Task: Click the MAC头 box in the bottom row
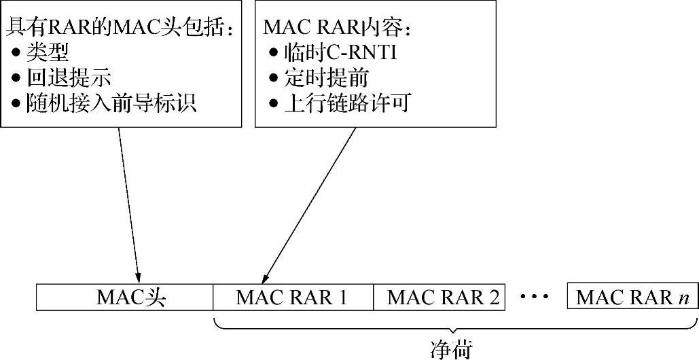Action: (124, 298)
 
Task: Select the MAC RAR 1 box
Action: (293, 298)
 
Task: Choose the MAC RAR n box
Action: (632, 298)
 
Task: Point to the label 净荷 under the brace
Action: (451, 348)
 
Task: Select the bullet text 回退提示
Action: (69, 77)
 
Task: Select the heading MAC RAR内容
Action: (337, 27)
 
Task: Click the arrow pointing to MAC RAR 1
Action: (309, 204)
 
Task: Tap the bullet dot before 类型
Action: (16, 53)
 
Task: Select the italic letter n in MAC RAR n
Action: (683, 298)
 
